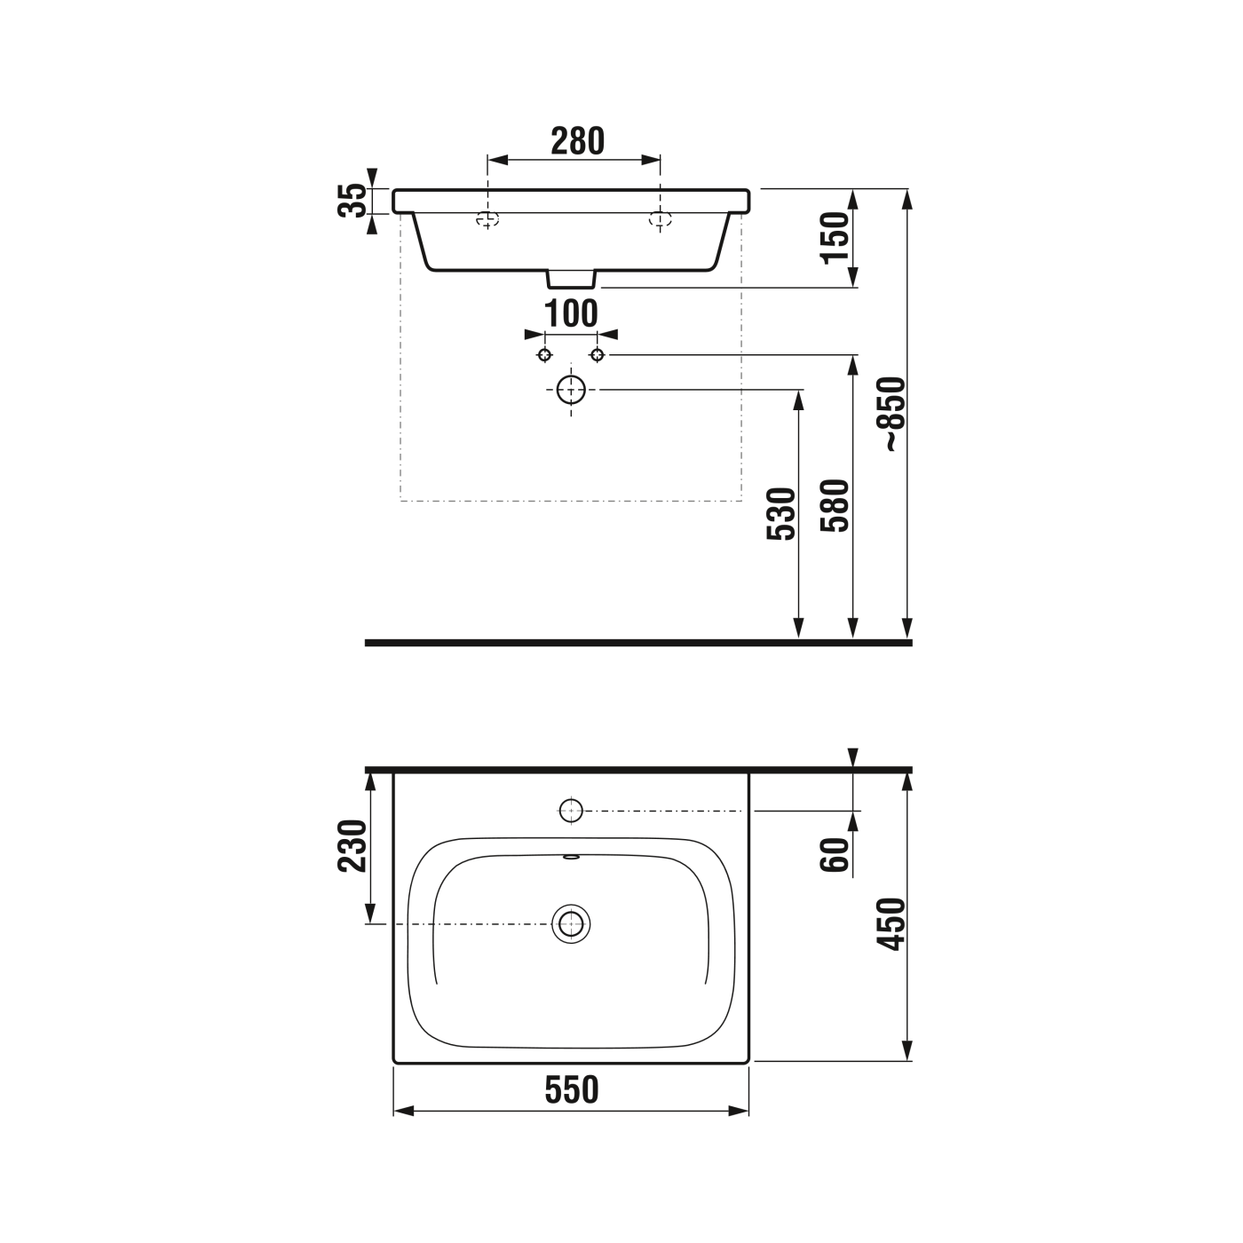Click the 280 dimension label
(x=577, y=141)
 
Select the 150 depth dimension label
(x=835, y=237)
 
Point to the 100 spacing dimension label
(x=570, y=313)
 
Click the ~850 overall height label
(x=893, y=415)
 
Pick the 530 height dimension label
(x=781, y=514)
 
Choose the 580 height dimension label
(x=835, y=505)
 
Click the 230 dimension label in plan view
(x=353, y=846)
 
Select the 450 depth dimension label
(x=893, y=923)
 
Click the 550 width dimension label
(x=572, y=1089)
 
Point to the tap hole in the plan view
(x=571, y=809)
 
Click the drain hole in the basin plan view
(x=571, y=924)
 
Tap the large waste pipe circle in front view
(x=571, y=389)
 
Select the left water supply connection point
(x=545, y=355)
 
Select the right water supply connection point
(x=598, y=355)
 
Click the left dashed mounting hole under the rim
(x=487, y=218)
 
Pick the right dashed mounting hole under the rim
(x=660, y=218)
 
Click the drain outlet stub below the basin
(x=570, y=280)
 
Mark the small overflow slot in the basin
(x=571, y=858)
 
